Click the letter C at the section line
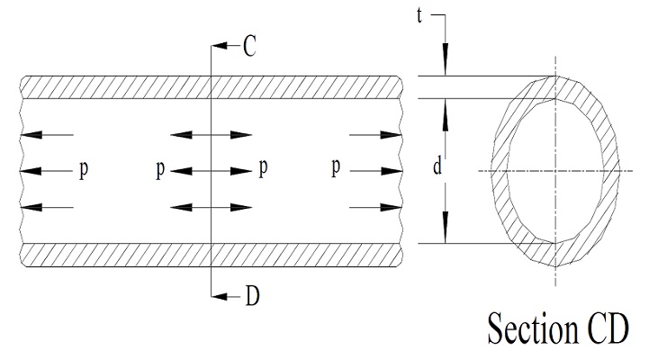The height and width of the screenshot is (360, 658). pyautogui.click(x=248, y=46)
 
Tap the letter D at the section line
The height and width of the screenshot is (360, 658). pyautogui.click(x=251, y=295)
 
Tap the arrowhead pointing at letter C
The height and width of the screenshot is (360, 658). pyautogui.click(x=233, y=46)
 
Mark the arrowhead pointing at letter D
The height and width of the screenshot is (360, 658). pyautogui.click(x=233, y=295)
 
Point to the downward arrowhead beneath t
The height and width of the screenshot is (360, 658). pyautogui.click(x=445, y=67)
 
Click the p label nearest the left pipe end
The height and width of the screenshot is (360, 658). pyautogui.click(x=84, y=169)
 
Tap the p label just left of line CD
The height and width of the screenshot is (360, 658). pyautogui.click(x=159, y=169)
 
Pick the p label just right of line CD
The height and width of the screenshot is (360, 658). pyautogui.click(x=263, y=168)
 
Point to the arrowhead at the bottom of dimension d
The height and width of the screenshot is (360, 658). pyautogui.click(x=445, y=236)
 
